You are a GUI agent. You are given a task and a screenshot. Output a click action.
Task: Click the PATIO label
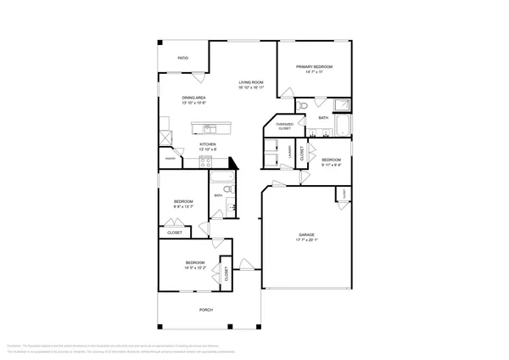coord(182,58)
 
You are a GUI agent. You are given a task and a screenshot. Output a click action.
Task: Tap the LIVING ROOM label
coord(251,82)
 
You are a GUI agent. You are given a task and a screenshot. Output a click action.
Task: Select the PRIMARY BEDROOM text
coord(313,66)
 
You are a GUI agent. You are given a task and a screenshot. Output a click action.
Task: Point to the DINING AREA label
coord(194,98)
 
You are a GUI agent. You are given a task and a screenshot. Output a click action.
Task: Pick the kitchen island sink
coord(208,129)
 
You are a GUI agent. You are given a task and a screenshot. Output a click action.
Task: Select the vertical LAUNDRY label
coord(290,153)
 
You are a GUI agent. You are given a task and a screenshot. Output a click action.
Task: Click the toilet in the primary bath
coord(302,105)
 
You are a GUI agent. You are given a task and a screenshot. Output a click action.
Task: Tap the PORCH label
coord(205,310)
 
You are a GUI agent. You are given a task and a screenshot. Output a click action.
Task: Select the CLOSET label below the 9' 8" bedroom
coord(175,232)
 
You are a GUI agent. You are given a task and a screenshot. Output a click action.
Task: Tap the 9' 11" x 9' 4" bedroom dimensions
coord(331,165)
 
